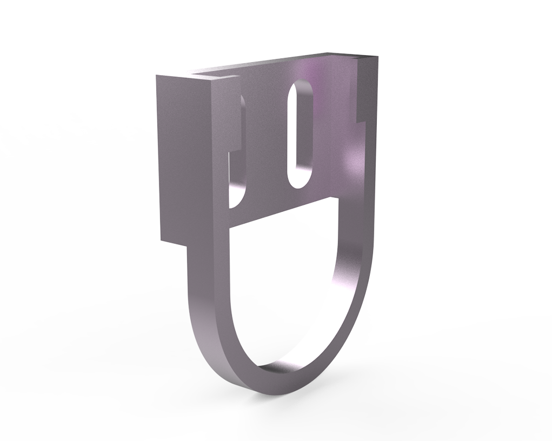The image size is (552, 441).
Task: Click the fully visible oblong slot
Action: (x=298, y=135)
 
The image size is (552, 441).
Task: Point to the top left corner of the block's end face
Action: (x=157, y=76)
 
